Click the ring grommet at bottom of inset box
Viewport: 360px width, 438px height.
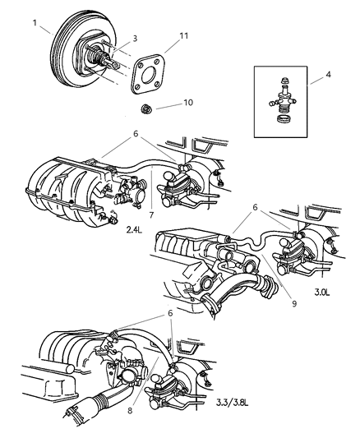(x=284, y=119)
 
